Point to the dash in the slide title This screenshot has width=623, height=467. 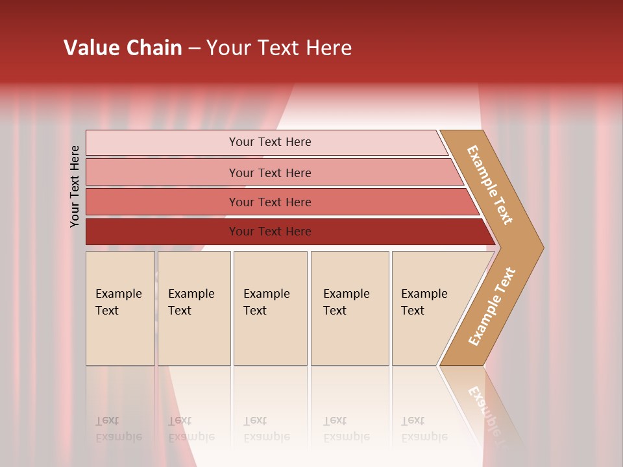[x=194, y=49]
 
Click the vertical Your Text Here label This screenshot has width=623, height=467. [x=75, y=186]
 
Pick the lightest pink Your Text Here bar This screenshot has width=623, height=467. [x=269, y=143]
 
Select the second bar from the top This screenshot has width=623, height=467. [x=269, y=173]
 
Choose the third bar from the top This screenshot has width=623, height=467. [x=269, y=202]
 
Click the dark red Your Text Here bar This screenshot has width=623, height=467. [x=269, y=232]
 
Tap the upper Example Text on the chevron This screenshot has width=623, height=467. [x=490, y=185]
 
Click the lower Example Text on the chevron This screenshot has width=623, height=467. [x=492, y=306]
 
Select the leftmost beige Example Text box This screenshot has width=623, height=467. [x=120, y=308]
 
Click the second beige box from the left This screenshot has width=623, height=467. [x=194, y=308]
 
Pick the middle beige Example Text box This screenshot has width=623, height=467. [x=270, y=308]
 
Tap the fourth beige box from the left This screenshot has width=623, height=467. [x=350, y=308]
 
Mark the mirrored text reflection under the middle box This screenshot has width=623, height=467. [x=266, y=429]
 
